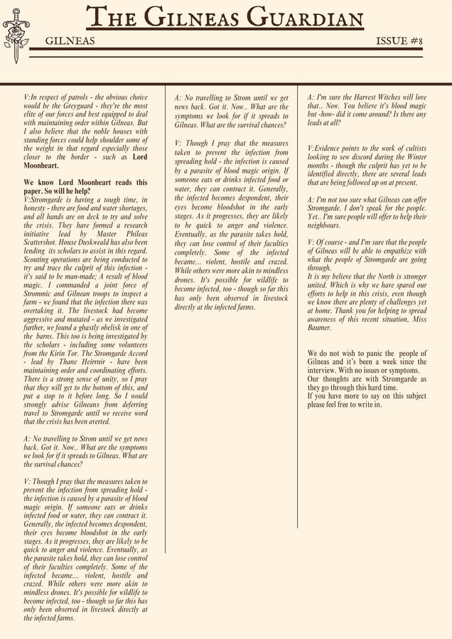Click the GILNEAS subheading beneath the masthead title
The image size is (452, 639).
[70, 42]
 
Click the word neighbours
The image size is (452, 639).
[324, 225]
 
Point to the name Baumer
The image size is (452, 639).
[319, 328]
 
